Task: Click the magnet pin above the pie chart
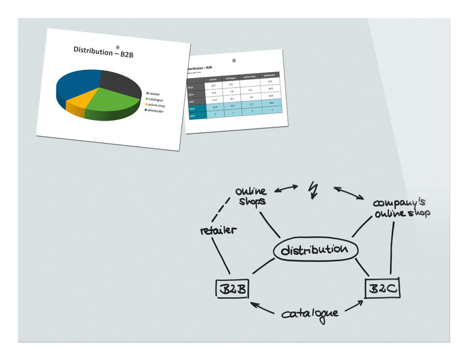pyautogui.click(x=118, y=47)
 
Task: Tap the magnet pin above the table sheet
pyautogui.click(x=235, y=61)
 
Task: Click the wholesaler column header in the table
pyautogui.click(x=269, y=75)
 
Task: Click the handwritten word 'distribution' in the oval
pyautogui.click(x=314, y=250)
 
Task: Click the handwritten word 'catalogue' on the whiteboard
pyautogui.click(x=310, y=314)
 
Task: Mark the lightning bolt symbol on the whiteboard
pyautogui.click(x=313, y=190)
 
